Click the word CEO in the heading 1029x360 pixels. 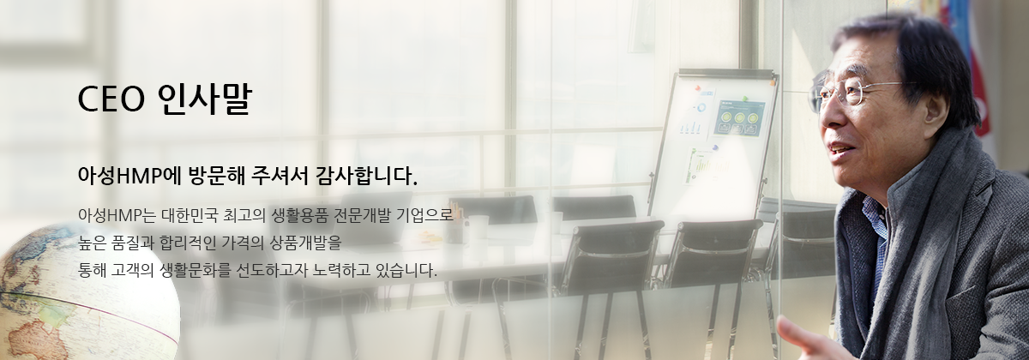point(111,99)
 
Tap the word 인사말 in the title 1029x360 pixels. point(204,99)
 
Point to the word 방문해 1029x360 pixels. point(216,176)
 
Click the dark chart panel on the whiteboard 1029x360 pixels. point(738,117)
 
